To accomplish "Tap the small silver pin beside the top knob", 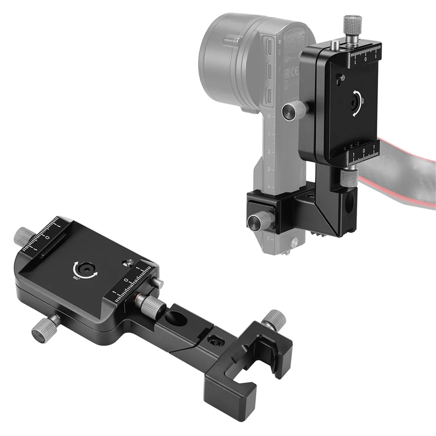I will tap(334, 45).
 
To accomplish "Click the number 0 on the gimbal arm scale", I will tap(269, 117).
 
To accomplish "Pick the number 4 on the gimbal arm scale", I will tap(269, 186).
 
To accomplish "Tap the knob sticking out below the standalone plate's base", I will tap(43, 328).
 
